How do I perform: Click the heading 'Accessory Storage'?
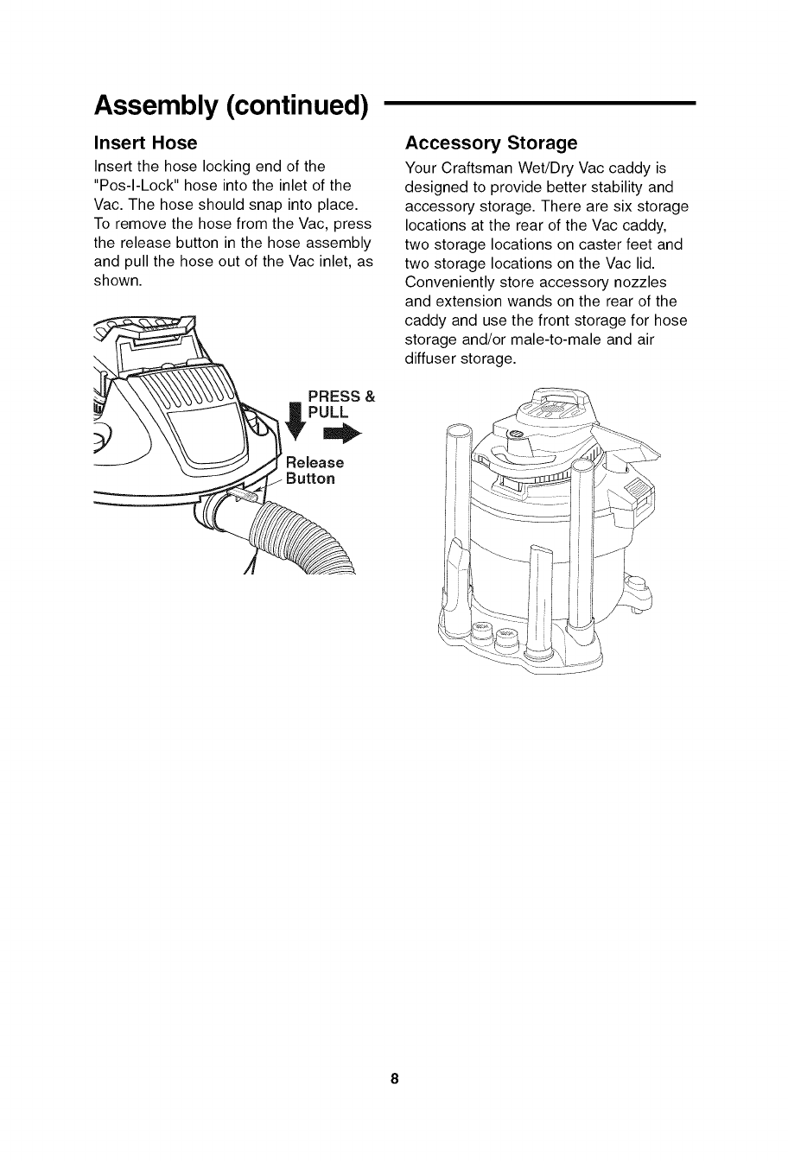tap(491, 143)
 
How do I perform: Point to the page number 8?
tap(394, 1079)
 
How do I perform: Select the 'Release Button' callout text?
tap(315, 471)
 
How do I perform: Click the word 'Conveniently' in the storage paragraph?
tap(449, 282)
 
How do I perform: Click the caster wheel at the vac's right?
tap(639, 596)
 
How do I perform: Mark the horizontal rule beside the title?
tap(539, 103)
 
